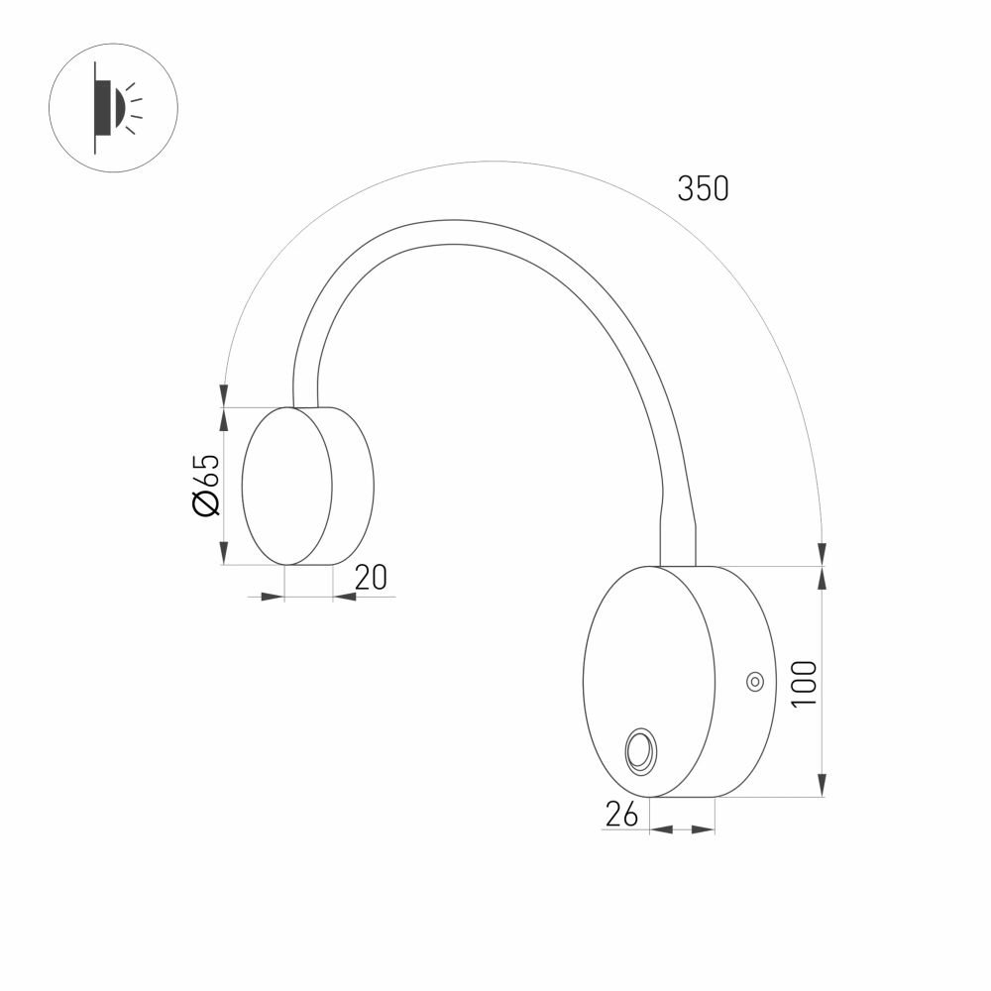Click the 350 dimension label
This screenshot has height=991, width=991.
(703, 188)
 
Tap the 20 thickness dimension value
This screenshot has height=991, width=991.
(371, 577)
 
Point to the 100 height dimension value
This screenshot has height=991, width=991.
(804, 682)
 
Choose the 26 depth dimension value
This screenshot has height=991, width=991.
(620, 814)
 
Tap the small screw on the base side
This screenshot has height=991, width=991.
(754, 681)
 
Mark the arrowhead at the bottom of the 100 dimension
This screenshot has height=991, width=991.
(822, 787)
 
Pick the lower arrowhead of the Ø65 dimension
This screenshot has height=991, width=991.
(225, 556)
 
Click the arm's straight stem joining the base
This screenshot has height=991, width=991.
(678, 540)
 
